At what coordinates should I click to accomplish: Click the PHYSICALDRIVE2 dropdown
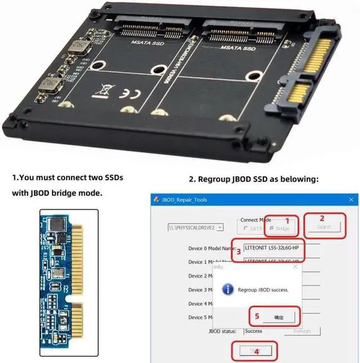(x=196, y=227)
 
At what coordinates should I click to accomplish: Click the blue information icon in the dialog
(x=228, y=289)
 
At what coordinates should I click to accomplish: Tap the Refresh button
(x=302, y=331)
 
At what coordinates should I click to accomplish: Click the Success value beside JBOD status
(x=254, y=331)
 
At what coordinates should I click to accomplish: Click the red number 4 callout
(x=256, y=352)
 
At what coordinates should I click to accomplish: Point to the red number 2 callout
(x=322, y=218)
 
